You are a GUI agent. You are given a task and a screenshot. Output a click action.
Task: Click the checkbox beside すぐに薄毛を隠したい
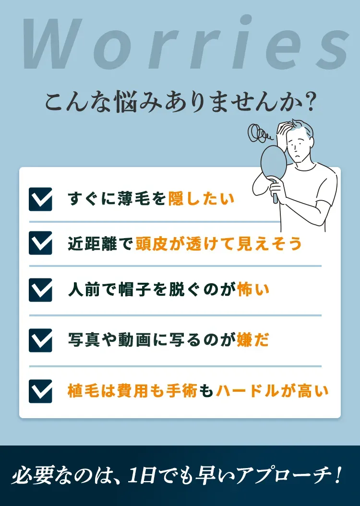click(x=40, y=199)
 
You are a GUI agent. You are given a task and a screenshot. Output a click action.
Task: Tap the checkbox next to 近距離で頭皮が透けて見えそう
click(x=40, y=243)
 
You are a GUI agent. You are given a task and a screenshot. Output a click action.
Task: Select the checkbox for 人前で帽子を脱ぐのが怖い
click(x=40, y=290)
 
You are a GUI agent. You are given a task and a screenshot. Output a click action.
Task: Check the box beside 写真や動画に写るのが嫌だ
click(x=40, y=340)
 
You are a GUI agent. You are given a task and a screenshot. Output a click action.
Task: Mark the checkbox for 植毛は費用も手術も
click(x=40, y=391)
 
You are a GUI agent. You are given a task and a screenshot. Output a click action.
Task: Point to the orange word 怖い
click(x=253, y=290)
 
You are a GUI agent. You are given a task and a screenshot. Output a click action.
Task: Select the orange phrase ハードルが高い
click(x=272, y=391)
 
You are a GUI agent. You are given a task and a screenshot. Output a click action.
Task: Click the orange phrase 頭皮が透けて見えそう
click(x=218, y=243)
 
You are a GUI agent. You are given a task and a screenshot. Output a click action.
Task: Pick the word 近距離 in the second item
click(x=92, y=243)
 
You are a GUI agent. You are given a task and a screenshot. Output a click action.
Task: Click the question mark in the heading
click(x=310, y=103)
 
